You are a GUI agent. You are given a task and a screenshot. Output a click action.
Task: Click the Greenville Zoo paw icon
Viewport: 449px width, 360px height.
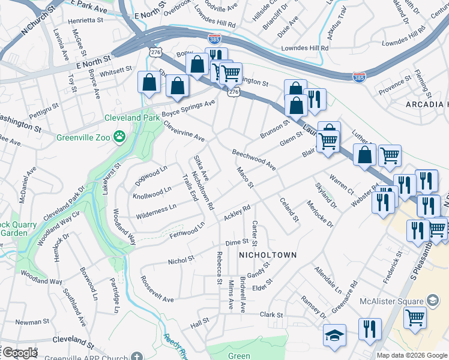pos(121,137)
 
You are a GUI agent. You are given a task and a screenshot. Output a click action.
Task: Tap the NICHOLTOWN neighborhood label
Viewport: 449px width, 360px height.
pos(268,255)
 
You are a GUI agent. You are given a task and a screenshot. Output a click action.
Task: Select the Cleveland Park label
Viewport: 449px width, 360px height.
pos(132,118)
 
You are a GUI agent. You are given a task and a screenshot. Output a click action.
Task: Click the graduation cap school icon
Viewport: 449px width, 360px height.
pos(334,335)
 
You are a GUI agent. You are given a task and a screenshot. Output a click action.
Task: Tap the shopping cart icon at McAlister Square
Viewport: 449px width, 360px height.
pos(415,317)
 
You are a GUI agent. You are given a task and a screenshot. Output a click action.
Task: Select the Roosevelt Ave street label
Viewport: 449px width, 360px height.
pos(157,289)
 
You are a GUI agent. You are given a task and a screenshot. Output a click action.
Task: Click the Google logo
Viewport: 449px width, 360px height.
pos(20,353)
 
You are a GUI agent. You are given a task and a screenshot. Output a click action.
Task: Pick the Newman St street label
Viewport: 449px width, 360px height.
pos(28,322)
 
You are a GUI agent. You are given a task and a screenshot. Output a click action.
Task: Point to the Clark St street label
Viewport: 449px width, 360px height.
pos(271,314)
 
